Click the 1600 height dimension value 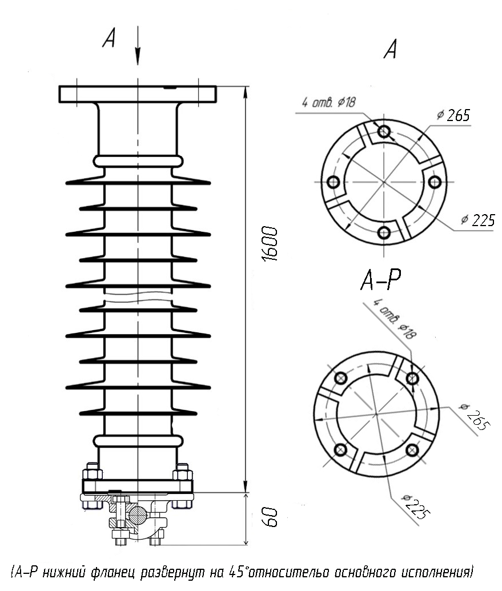click(270, 244)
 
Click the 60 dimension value click(270, 517)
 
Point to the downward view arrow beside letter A click(138, 45)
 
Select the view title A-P click(381, 279)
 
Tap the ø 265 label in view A click(454, 115)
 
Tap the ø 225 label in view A click(478, 220)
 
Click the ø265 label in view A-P click(474, 417)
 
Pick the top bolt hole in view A click(384, 131)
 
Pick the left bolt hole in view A click(333, 182)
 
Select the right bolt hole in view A click(435, 182)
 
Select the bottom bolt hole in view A click(384, 232)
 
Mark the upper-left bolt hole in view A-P click(341, 377)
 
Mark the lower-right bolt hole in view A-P click(412, 449)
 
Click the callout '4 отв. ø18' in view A click(328, 102)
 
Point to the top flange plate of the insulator click(138, 94)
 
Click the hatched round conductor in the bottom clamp click(138, 514)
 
